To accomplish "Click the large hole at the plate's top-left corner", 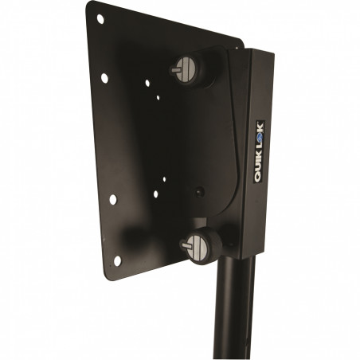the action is (100, 19).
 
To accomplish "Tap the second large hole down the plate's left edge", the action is (104, 78).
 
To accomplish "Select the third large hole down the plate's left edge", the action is (113, 199).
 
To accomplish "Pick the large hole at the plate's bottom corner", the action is (117, 260).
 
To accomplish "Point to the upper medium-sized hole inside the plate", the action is (147, 83).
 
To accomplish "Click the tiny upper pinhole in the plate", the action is (158, 98).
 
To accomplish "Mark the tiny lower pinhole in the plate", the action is (164, 179).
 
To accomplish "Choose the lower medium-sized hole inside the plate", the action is (156, 194).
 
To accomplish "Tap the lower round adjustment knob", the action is (202, 245).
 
